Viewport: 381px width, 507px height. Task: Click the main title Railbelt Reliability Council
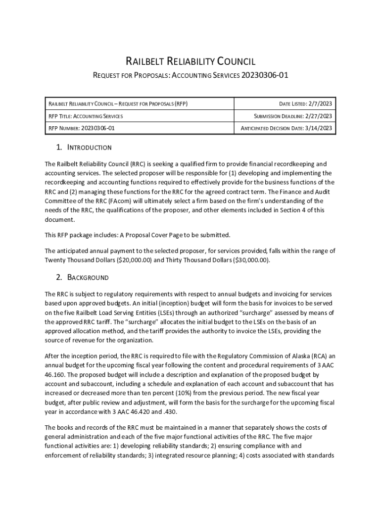190,62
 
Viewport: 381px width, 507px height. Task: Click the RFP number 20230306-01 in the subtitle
264,76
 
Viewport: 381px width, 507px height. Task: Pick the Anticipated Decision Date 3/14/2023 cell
286,128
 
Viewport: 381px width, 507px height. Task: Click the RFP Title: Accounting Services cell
85,116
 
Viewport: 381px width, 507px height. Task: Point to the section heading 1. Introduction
84,148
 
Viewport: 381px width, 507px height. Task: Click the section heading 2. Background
82,277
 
